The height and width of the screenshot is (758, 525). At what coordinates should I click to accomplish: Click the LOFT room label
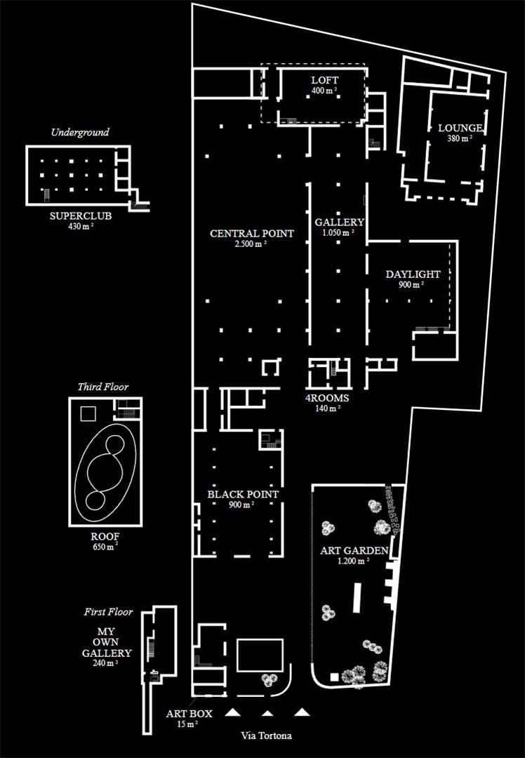(x=325, y=80)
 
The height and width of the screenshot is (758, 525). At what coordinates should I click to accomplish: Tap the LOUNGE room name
(x=460, y=128)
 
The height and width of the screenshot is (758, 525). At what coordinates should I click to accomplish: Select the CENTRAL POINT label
(x=252, y=234)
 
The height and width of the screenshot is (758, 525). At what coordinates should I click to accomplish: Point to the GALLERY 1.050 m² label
(x=340, y=227)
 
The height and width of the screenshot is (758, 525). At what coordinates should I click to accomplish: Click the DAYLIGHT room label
(x=413, y=274)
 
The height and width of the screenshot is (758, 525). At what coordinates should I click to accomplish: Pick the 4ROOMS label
(x=327, y=399)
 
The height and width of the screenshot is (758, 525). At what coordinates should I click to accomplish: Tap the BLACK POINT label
(x=243, y=495)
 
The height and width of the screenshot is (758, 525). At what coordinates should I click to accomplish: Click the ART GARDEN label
(x=354, y=551)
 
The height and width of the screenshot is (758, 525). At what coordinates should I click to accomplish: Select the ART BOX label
(x=189, y=714)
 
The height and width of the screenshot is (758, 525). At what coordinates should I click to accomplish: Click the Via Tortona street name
(x=267, y=736)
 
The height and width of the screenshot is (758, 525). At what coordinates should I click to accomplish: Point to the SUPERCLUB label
(x=81, y=216)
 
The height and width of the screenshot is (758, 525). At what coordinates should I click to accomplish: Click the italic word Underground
(x=80, y=133)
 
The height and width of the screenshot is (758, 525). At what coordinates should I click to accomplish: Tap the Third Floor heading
(x=103, y=387)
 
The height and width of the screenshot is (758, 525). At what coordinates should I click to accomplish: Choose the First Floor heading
(x=108, y=612)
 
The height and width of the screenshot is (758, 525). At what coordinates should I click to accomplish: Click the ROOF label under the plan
(x=105, y=537)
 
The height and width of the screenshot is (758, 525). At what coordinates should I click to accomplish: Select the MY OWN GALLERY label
(x=107, y=642)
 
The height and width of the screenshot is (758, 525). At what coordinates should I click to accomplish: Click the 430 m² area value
(x=81, y=226)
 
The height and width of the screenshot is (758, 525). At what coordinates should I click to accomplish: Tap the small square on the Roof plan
(x=88, y=414)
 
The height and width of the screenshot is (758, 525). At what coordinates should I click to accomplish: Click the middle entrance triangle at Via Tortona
(x=267, y=712)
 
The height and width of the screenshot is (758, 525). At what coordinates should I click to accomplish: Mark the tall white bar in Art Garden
(x=358, y=597)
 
